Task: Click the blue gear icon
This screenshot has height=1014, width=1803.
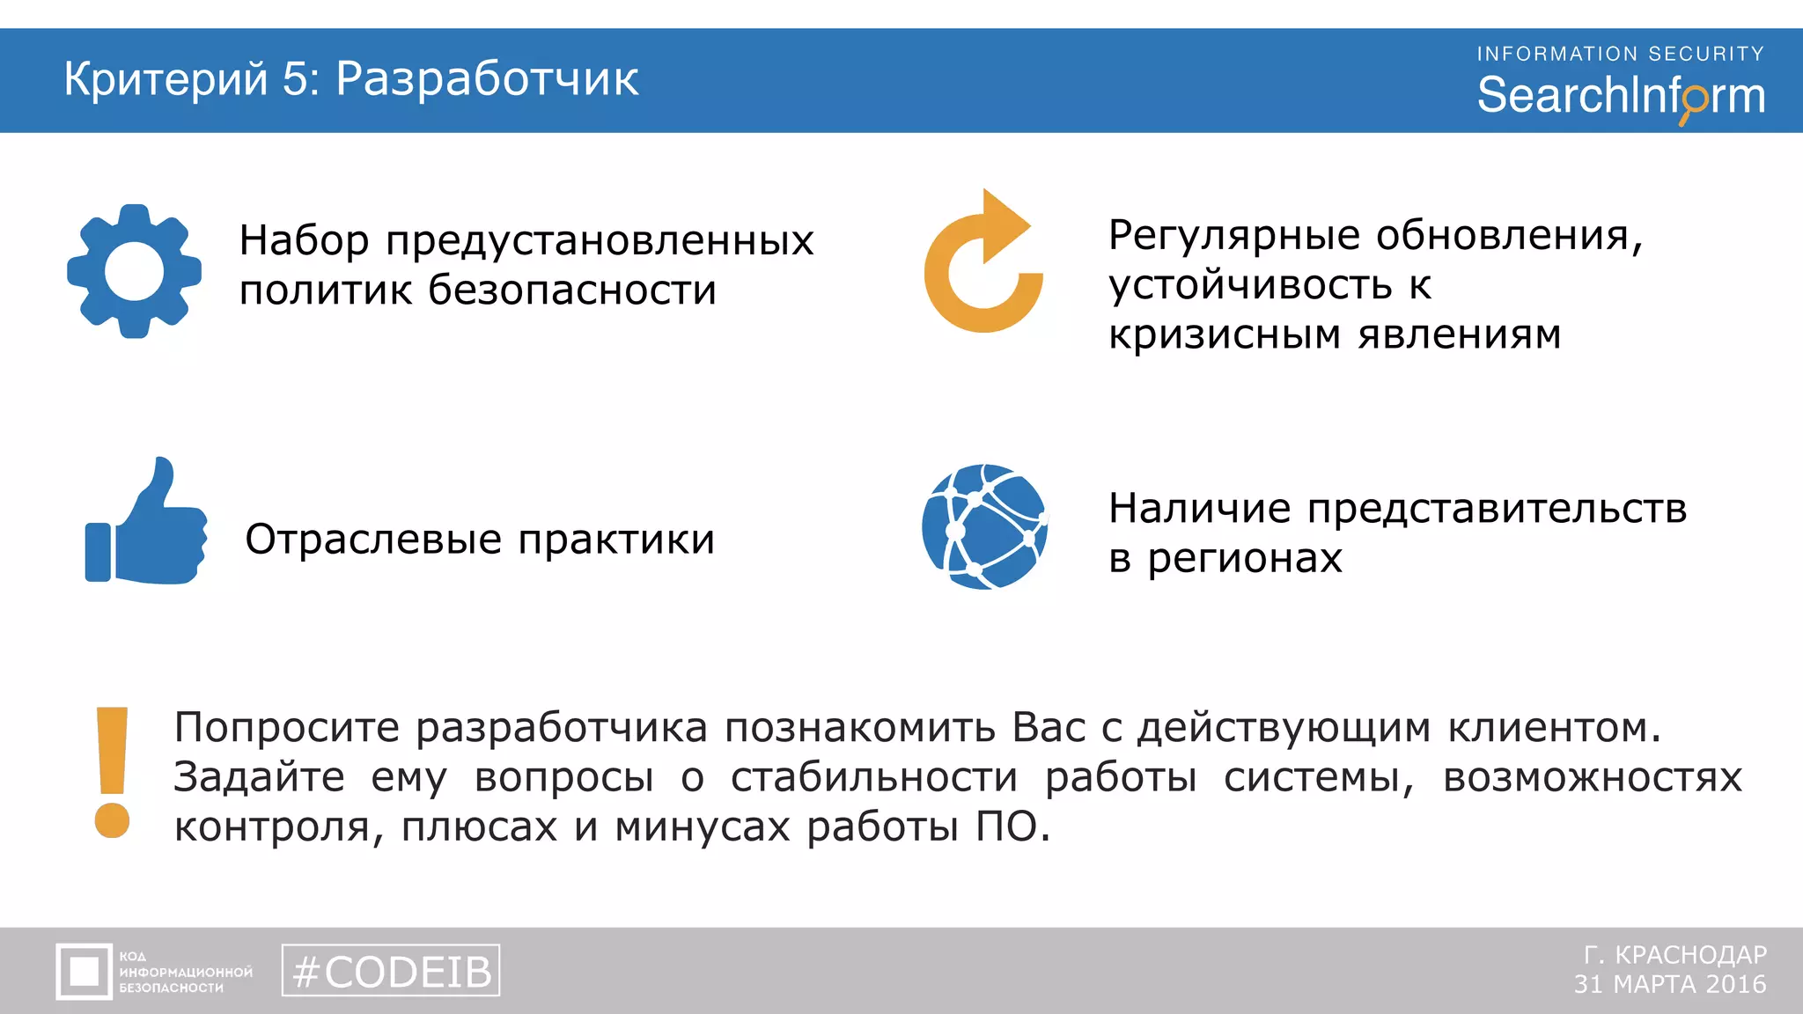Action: (134, 271)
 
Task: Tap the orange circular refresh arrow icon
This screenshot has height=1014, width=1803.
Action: (983, 264)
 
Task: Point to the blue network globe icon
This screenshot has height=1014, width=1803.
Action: (984, 526)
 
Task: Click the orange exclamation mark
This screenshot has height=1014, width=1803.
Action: (112, 772)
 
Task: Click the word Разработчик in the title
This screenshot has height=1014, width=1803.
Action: (487, 79)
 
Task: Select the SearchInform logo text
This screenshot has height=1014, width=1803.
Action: (1620, 96)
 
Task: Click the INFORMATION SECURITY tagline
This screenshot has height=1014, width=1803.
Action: (1620, 54)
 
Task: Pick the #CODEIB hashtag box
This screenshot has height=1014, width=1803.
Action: (391, 971)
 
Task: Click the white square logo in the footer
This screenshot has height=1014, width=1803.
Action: (85, 972)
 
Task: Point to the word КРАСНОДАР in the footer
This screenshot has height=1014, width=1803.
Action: (1690, 955)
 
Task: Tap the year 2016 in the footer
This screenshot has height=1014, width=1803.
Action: (1735, 984)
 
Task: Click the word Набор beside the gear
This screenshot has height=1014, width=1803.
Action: (304, 240)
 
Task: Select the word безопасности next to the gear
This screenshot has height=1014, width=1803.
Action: (572, 290)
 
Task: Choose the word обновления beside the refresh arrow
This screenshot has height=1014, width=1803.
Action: (1509, 235)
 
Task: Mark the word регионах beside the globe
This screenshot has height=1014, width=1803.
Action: (1245, 558)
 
